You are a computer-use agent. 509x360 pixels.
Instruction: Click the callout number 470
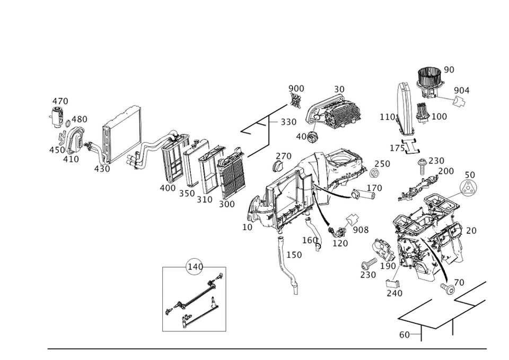pos(60,101)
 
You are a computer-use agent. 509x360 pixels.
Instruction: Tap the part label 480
pos(80,119)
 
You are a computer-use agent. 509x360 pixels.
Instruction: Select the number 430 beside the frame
pos(102,169)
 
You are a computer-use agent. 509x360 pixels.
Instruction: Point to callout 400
pos(167,188)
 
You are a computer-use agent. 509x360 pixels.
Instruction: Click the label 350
pos(186,194)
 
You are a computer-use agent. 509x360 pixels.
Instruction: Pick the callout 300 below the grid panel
pos(227,204)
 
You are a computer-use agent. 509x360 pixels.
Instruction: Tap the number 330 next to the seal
pos(288,122)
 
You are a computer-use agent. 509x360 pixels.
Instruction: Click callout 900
pos(296,88)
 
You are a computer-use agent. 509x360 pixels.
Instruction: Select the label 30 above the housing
pos(339,89)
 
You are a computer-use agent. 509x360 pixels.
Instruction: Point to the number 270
pos(284,156)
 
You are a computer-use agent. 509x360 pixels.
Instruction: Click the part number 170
pos(374,188)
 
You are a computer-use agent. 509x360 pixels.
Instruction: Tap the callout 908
pos(361,230)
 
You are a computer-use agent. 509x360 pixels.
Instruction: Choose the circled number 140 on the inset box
pos(195,267)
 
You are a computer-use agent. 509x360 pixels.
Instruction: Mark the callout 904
pos(462,90)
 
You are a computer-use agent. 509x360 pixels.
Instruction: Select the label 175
pos(398,148)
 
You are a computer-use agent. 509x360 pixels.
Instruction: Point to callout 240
pos(394,293)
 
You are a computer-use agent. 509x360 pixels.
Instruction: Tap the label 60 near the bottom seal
pos(404,335)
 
